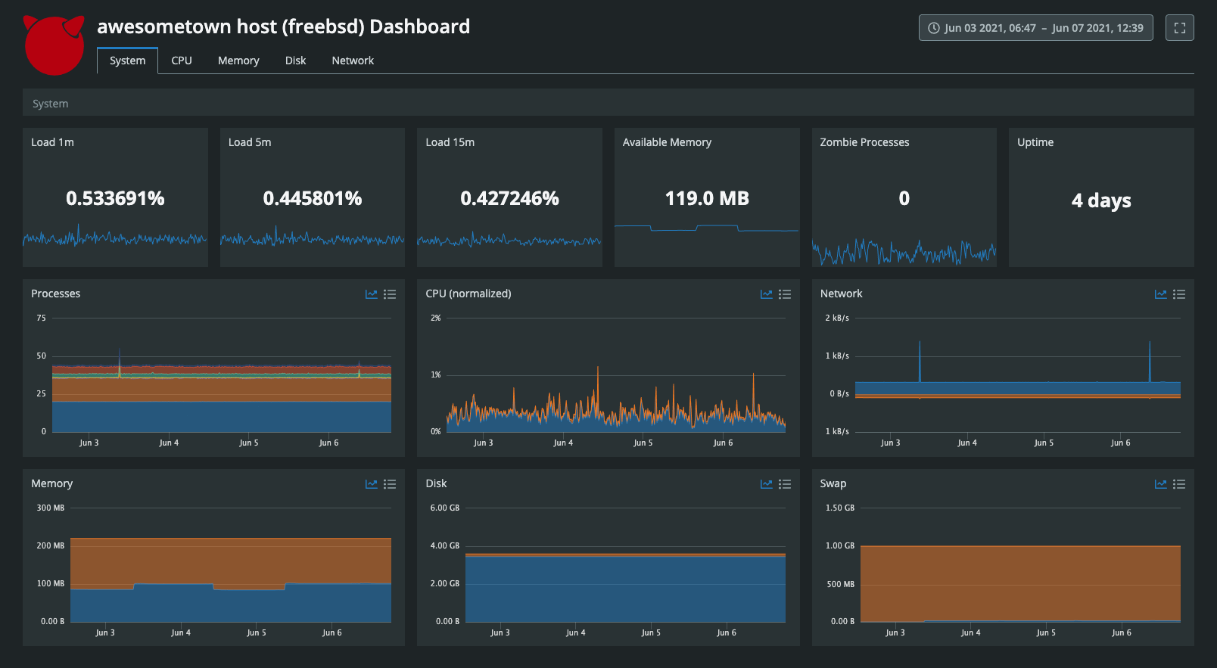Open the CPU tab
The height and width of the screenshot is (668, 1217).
coord(182,61)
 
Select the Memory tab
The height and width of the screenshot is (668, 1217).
coord(238,61)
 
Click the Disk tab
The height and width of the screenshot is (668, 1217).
coord(295,61)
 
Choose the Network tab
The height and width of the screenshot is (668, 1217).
coord(353,61)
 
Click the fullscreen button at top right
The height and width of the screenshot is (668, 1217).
coord(1179,28)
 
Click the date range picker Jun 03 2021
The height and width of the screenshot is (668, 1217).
coord(1035,28)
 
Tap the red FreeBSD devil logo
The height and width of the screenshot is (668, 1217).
coord(54,45)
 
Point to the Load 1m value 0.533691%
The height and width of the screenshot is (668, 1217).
coord(115,198)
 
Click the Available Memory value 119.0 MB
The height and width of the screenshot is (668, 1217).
coord(707,198)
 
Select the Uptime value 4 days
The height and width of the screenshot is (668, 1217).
coord(1101,200)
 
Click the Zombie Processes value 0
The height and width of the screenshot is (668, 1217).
coord(904,198)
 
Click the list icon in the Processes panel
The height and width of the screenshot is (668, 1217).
coord(390,294)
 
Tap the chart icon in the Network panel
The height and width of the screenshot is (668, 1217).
coord(1160,294)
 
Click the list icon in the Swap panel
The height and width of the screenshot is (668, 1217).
coord(1179,484)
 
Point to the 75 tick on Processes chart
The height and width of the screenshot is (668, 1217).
coord(41,318)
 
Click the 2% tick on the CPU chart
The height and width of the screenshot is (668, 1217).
coord(435,318)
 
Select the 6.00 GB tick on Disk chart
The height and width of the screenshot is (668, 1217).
coord(444,508)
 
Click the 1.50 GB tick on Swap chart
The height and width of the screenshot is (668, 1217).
coord(839,508)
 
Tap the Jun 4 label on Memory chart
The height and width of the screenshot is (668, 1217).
coord(180,632)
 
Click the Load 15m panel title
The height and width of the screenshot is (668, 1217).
coord(450,142)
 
